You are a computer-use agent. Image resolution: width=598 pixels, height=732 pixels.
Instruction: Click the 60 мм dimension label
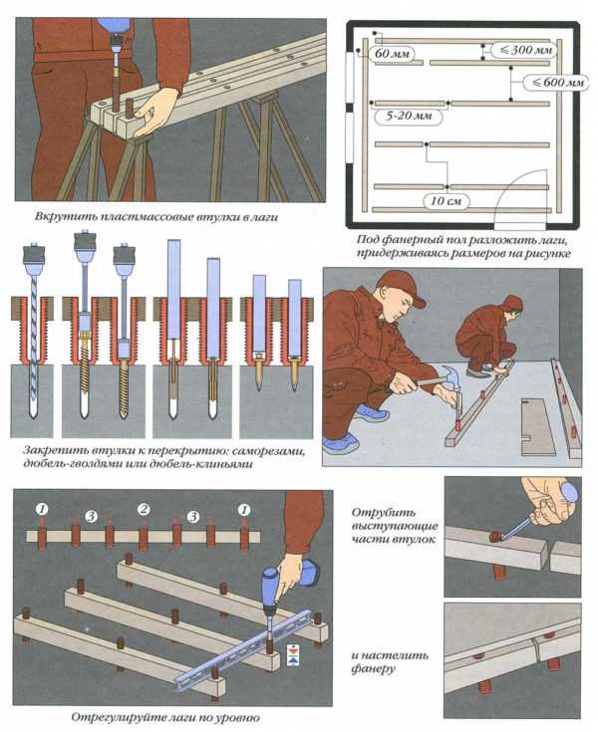[393, 54]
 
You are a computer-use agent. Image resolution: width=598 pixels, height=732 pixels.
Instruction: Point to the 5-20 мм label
[409, 116]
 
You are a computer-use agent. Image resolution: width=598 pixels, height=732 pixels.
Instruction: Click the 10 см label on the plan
[447, 201]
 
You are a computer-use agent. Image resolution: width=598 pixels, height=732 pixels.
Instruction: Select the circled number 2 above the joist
[144, 509]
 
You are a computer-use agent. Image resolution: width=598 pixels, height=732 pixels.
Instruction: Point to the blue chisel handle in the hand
[569, 492]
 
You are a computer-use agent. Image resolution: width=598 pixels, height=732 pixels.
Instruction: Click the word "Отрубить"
[384, 512]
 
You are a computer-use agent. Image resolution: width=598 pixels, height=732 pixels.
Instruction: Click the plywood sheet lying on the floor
[537, 426]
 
